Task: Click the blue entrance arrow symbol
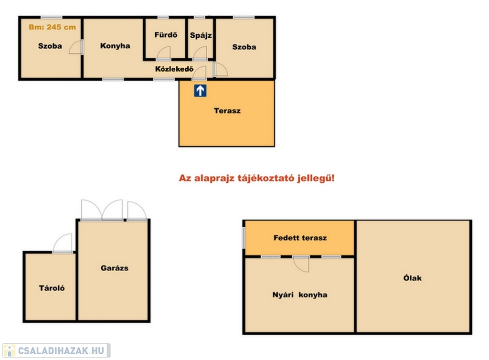click(x=200, y=91)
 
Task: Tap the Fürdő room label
click(x=166, y=34)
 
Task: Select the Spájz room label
click(x=201, y=35)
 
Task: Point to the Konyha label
click(x=115, y=46)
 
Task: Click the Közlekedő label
click(x=174, y=69)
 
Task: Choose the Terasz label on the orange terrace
click(x=227, y=111)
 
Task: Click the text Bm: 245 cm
click(x=52, y=27)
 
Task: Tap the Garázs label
click(x=114, y=268)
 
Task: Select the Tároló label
click(x=52, y=288)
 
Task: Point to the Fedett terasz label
click(x=300, y=238)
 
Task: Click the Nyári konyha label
click(x=300, y=295)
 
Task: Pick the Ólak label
click(x=412, y=278)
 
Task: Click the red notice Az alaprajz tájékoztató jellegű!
click(x=256, y=178)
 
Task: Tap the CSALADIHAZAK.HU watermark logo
click(x=56, y=350)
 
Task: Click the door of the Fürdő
click(x=163, y=53)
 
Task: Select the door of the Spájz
click(x=200, y=53)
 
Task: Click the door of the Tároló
click(x=63, y=243)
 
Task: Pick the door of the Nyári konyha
click(x=301, y=264)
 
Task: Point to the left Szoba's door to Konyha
click(x=76, y=47)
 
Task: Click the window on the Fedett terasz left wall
click(x=244, y=238)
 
